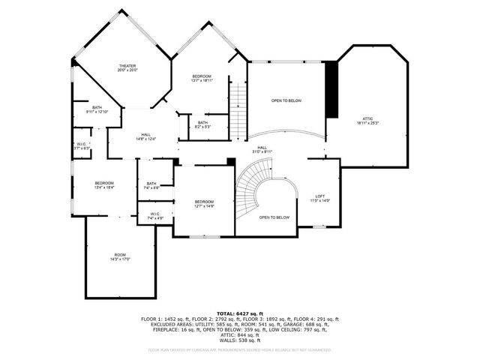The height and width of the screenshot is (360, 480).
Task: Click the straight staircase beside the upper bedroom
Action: point(238,109)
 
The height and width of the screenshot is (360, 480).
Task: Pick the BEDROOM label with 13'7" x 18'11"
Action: point(201,78)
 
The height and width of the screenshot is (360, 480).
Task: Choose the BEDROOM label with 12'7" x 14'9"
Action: point(204,203)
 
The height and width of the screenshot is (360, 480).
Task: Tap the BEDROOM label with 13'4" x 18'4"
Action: point(103,185)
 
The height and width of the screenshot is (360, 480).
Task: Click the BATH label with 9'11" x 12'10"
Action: point(97,109)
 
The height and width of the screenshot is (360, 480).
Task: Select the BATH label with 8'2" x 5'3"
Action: point(202,124)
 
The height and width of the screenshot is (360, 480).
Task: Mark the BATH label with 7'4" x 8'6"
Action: point(151,185)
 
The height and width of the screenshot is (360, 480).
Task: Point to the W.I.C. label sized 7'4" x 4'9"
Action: point(155,215)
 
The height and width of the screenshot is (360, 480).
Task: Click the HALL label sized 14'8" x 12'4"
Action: point(124,136)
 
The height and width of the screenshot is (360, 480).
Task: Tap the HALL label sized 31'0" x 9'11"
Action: point(262,149)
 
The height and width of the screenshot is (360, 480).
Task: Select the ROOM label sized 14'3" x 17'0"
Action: point(120,257)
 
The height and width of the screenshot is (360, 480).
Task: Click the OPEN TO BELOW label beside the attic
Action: point(286,100)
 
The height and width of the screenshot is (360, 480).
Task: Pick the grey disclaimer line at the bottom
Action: point(239,349)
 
